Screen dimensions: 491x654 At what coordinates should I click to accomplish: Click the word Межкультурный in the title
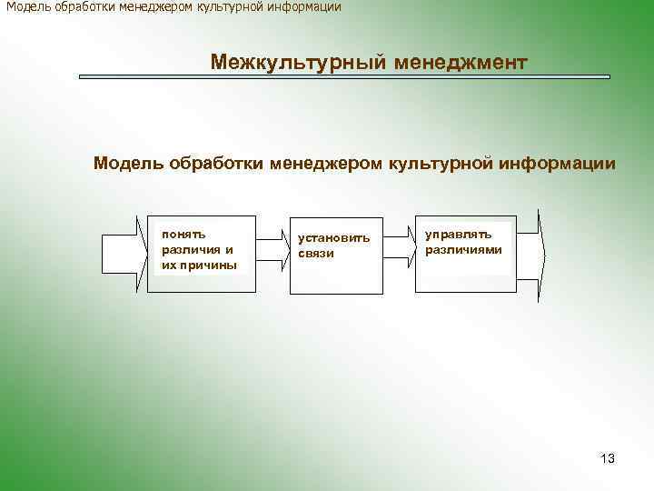[284, 63]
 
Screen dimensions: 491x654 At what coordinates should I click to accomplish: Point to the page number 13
[608, 458]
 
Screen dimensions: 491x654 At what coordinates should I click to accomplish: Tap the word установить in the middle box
[333, 238]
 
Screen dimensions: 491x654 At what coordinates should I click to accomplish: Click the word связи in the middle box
[315, 254]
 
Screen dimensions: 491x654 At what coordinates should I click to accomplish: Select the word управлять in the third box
[458, 234]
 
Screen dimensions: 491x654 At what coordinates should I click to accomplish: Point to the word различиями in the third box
[463, 249]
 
